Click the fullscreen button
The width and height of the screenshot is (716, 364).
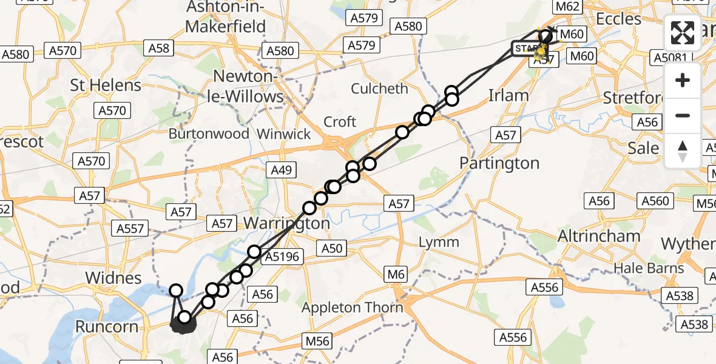[683, 33]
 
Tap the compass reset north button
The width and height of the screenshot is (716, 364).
[683, 151]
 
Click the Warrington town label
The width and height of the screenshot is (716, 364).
[286, 223]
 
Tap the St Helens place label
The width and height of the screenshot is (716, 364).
[106, 85]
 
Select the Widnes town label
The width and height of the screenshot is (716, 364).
[113, 278]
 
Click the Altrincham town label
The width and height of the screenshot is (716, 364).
[590, 236]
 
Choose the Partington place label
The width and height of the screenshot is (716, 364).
[499, 163]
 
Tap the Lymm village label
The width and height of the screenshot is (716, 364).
[439, 242]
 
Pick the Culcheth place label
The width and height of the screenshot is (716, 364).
[380, 89]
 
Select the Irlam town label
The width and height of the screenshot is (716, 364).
[508, 95]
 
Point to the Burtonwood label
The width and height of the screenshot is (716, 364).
[209, 134]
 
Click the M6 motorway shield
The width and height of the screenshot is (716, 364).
[396, 275]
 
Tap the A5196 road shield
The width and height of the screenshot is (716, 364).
[282, 257]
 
